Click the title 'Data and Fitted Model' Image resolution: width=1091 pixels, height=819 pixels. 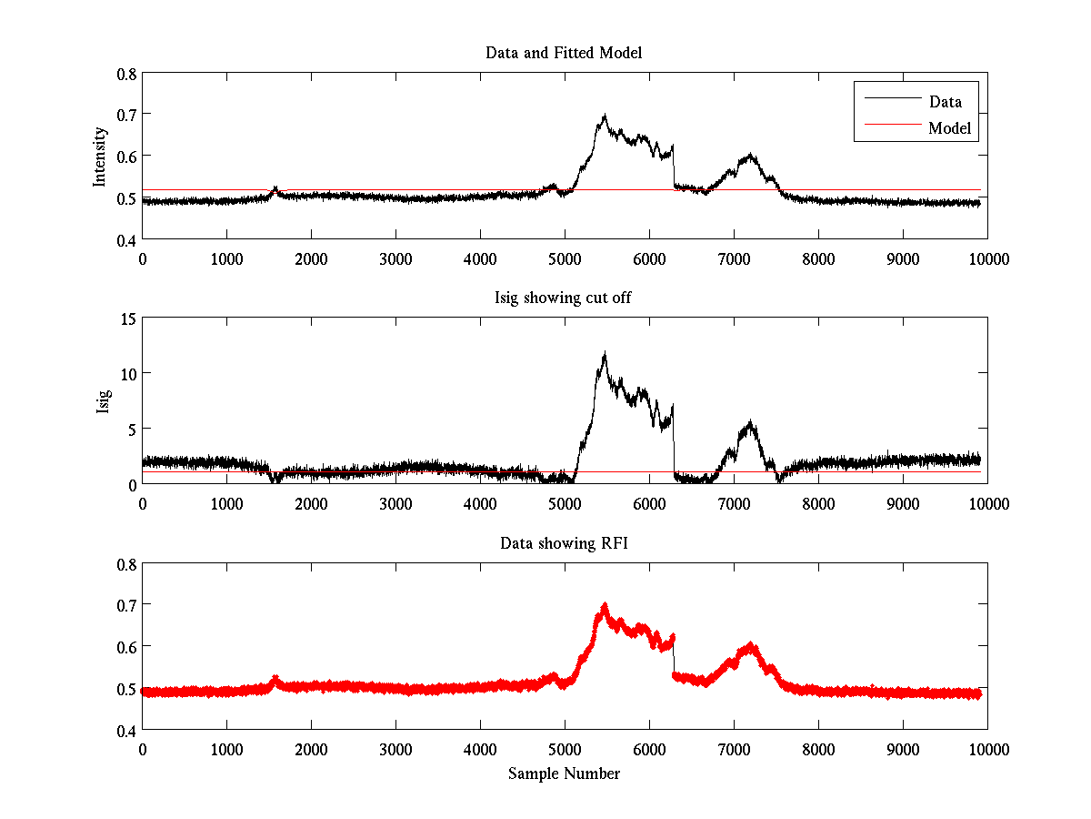pyautogui.click(x=564, y=53)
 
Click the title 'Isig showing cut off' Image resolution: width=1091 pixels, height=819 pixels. pyautogui.click(x=564, y=298)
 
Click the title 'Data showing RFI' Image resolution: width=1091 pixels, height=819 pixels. pyautogui.click(x=564, y=543)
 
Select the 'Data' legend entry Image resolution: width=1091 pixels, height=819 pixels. pyautogui.click(x=945, y=102)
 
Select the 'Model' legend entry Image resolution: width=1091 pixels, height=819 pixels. pyautogui.click(x=950, y=128)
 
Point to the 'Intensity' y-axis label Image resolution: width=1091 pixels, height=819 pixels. pyautogui.click(x=101, y=157)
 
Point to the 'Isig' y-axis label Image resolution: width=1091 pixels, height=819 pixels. pyautogui.click(x=103, y=401)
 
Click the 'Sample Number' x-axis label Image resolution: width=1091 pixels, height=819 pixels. pyautogui.click(x=564, y=773)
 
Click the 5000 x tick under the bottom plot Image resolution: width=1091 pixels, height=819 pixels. pyautogui.click(x=565, y=749)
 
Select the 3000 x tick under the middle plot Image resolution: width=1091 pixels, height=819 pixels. pyautogui.click(x=395, y=503)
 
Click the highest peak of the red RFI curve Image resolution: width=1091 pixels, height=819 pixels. pyautogui.click(x=605, y=605)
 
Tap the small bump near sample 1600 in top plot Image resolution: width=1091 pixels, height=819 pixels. pyautogui.click(x=275, y=188)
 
